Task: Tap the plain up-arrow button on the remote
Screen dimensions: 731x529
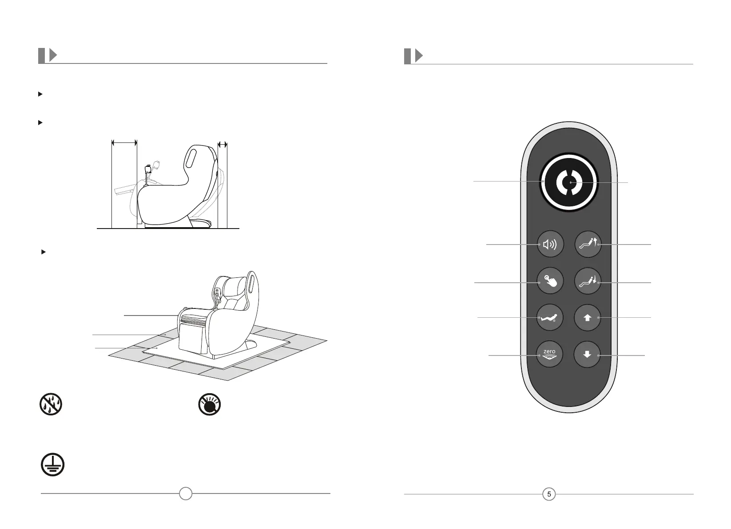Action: (587, 318)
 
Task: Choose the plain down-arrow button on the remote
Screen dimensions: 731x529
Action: (587, 355)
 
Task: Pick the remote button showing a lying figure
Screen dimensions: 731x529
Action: (550, 318)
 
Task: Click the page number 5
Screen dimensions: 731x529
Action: (549, 494)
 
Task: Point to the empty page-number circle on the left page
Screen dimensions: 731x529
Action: (186, 493)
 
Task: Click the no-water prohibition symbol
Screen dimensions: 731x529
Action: (51, 404)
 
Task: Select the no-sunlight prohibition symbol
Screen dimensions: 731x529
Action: (210, 404)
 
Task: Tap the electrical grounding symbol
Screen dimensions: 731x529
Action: (52, 465)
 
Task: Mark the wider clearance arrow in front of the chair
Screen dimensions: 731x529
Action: (124, 143)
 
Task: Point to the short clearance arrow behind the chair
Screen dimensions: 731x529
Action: (222, 144)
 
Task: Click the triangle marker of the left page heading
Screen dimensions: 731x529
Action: (53, 55)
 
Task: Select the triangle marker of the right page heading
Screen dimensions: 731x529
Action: (418, 56)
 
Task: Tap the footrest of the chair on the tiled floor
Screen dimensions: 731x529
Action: (191, 339)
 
